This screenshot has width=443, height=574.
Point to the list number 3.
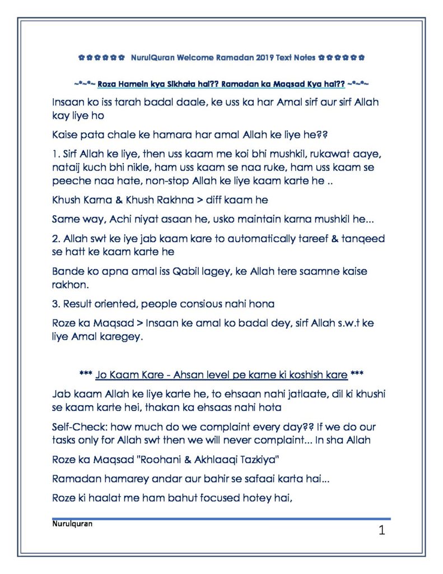pyautogui.click(x=55, y=304)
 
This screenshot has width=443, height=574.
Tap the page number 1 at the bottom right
pyautogui.click(x=381, y=530)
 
